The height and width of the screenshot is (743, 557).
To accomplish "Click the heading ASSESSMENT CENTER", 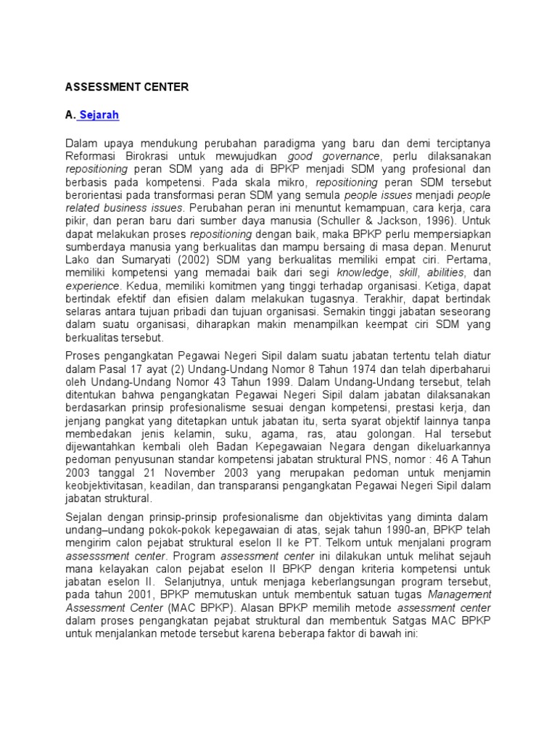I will pos(127,87).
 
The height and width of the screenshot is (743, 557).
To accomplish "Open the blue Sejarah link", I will pos(99,115).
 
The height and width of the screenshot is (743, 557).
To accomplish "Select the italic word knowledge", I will pos(363,273).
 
